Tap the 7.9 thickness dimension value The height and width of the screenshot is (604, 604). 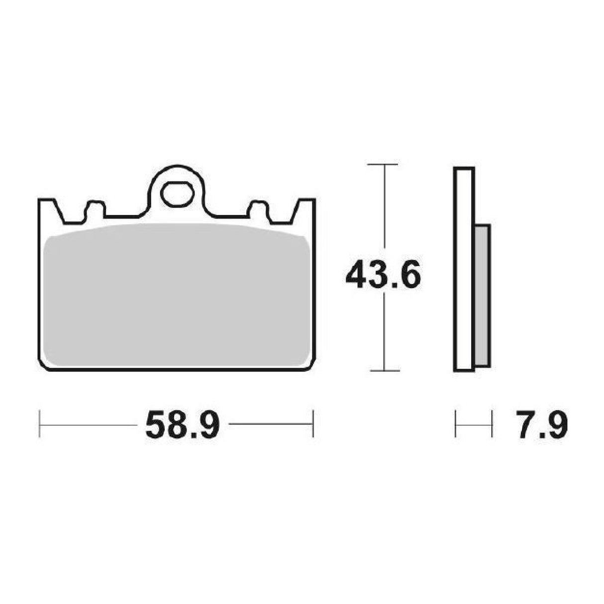(x=541, y=425)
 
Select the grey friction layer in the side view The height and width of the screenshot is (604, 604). (x=483, y=297)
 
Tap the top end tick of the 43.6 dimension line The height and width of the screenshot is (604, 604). (x=384, y=164)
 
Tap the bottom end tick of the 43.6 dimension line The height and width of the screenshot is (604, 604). (x=384, y=370)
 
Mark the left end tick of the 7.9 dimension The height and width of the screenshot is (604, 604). (x=456, y=424)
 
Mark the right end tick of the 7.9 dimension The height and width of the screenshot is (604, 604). (x=492, y=424)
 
